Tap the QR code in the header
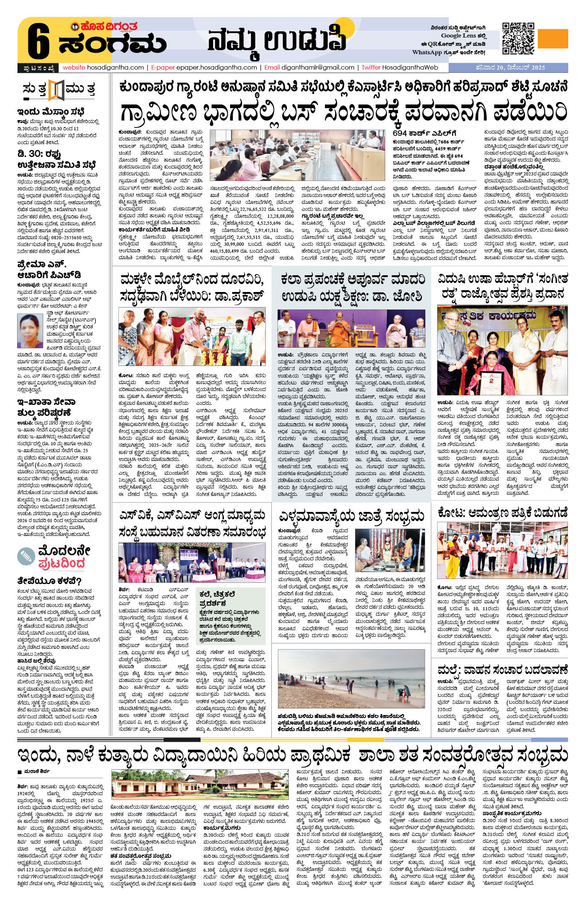(x=518, y=38)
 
